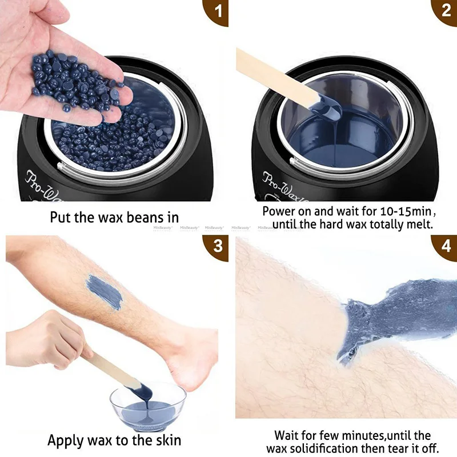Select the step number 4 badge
pos(446,247)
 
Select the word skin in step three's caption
pos(167,440)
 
